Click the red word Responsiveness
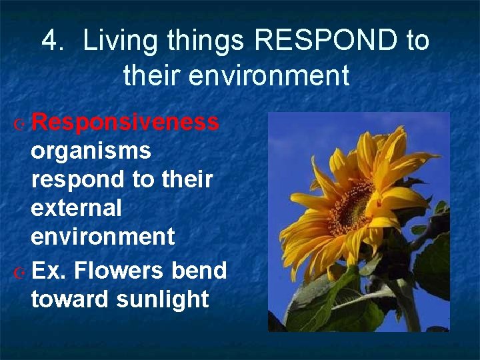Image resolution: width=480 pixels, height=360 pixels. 125,123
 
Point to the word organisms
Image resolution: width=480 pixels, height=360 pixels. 91,152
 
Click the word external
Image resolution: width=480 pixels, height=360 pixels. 76,208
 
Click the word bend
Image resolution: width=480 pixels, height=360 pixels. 199,271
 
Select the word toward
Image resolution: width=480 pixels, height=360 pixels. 70,299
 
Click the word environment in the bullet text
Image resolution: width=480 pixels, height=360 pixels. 103,236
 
